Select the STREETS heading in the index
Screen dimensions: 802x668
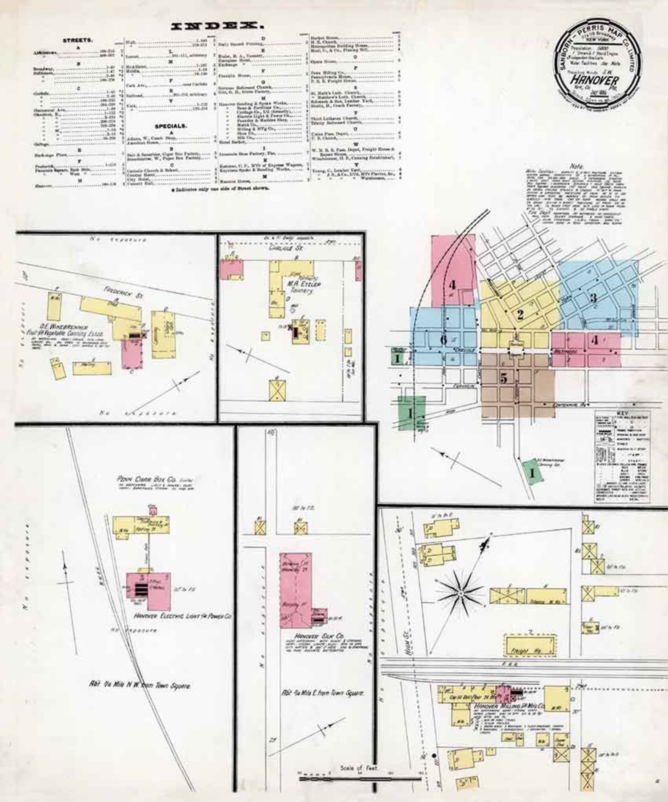(78, 40)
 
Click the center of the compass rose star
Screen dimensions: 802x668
(461, 593)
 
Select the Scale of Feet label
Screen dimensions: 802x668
(359, 768)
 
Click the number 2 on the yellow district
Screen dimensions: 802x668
(520, 314)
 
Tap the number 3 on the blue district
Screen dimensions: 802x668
(593, 298)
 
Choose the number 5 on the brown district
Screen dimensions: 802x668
(504, 378)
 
